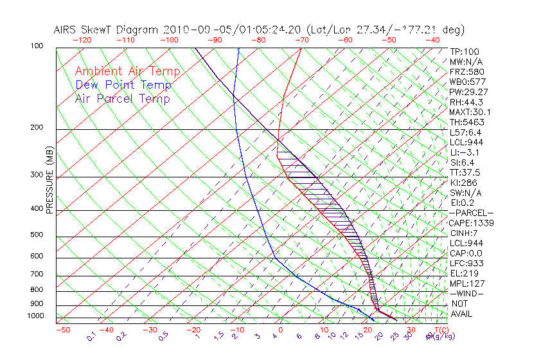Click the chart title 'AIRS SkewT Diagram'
[107, 30]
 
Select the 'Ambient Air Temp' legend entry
[127, 71]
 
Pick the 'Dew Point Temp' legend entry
[123, 85]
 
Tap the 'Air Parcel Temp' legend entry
[122, 98]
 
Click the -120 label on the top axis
[82, 40]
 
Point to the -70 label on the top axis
[301, 40]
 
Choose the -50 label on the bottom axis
[62, 330]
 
